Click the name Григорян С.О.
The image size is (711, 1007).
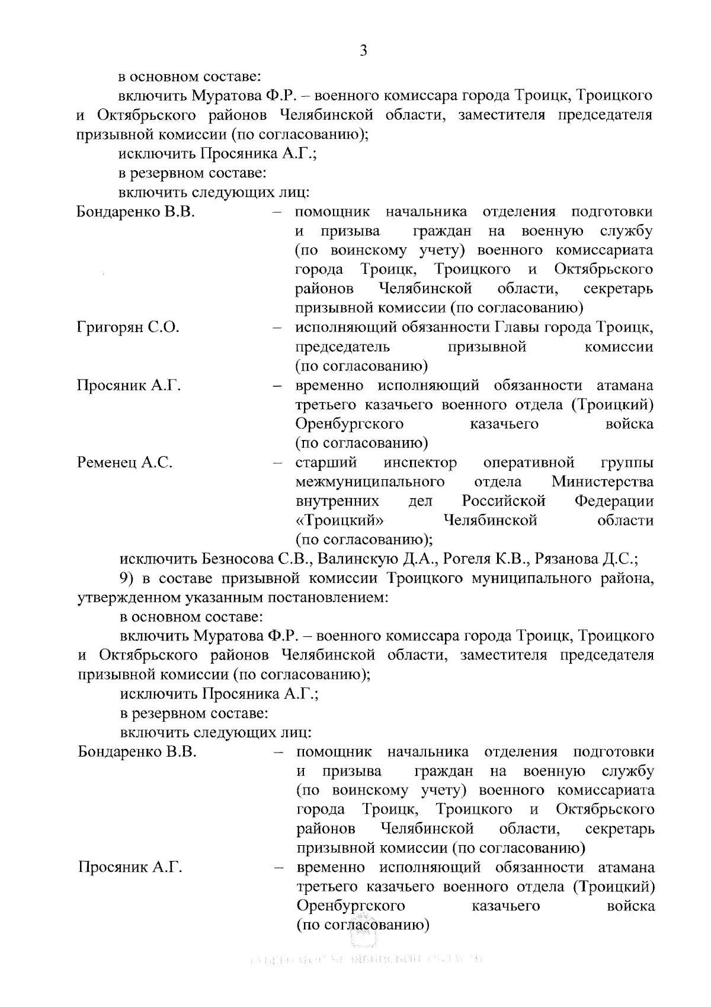pyautogui.click(x=128, y=327)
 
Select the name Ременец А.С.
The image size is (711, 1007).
pyautogui.click(x=124, y=463)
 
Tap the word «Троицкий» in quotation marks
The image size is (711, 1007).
pyautogui.click(x=339, y=521)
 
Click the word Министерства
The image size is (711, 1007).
pyautogui.click(x=603, y=482)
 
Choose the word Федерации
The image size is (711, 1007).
pyautogui.click(x=614, y=501)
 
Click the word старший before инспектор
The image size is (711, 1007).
pyautogui.click(x=326, y=463)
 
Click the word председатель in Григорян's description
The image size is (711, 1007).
pyautogui.click(x=342, y=347)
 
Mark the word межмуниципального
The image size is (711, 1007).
pyautogui.click(x=370, y=482)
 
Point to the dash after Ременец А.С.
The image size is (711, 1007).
pyautogui.click(x=277, y=463)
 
